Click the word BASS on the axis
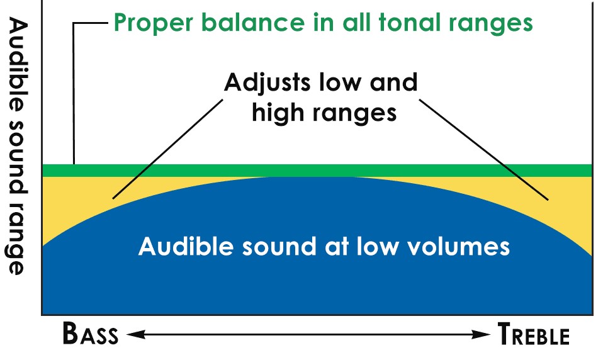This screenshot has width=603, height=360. click(x=90, y=334)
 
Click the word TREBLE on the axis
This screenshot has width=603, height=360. click(x=533, y=334)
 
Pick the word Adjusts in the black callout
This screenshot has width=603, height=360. click(x=271, y=82)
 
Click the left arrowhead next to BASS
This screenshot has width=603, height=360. click(x=129, y=335)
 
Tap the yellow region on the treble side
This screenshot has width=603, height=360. click(x=566, y=208)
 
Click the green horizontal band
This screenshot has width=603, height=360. click(x=315, y=170)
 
